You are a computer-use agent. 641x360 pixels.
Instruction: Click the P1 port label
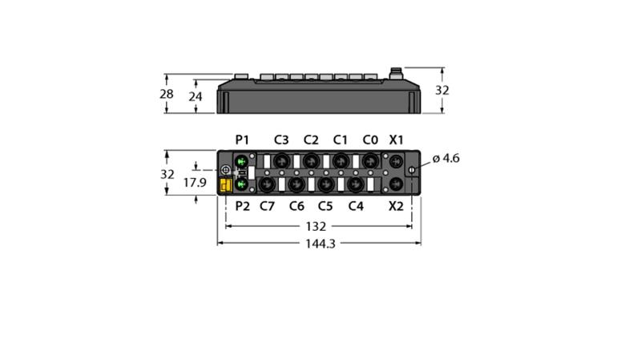[x=242, y=140]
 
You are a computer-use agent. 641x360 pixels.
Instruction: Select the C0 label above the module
[x=370, y=140]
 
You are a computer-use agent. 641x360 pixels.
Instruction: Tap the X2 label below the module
[x=396, y=206]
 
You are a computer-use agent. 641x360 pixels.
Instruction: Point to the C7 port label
[x=268, y=206]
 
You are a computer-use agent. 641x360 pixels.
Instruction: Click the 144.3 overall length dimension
[x=320, y=244]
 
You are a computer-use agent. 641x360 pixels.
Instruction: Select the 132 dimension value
[x=316, y=227]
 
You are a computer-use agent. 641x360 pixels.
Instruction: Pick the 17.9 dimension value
[x=195, y=183]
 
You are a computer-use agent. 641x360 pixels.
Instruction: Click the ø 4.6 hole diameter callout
[x=445, y=158]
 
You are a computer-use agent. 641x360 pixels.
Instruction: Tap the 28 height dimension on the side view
[x=167, y=94]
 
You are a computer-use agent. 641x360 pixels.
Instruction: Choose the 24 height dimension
[x=196, y=96]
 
